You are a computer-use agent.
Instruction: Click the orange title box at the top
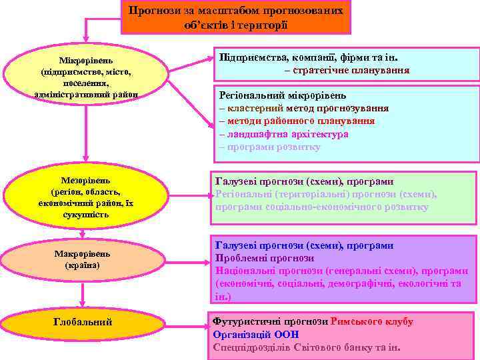tap(236, 17)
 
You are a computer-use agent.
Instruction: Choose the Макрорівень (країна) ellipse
tap(82, 259)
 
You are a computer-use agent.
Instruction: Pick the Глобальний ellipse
tap(82, 323)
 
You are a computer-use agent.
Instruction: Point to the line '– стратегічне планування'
tap(347, 70)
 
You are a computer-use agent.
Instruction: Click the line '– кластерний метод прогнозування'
tap(303, 108)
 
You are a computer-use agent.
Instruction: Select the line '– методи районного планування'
tap(296, 121)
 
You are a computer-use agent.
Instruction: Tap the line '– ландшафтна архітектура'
tap(283, 134)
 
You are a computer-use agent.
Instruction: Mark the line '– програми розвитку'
tap(269, 147)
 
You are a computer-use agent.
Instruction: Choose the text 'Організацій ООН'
tap(255, 334)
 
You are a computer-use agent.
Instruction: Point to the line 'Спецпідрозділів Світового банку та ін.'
tap(306, 347)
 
